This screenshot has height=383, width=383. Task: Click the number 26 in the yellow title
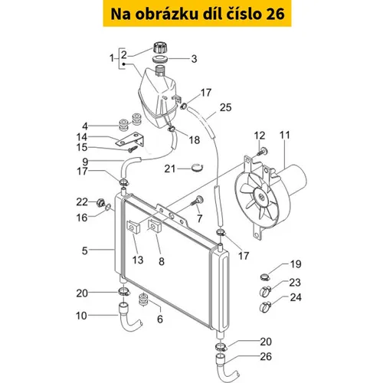tap(275, 14)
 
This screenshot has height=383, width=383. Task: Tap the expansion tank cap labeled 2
tap(160, 48)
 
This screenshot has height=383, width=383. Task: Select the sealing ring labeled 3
tap(160, 59)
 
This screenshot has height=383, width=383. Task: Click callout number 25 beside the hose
tap(225, 107)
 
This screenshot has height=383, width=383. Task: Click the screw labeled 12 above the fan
tap(264, 152)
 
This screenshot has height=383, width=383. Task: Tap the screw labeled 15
tap(133, 149)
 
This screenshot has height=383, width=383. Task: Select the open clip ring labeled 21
tap(198, 168)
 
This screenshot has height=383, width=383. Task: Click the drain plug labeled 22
tap(100, 203)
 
